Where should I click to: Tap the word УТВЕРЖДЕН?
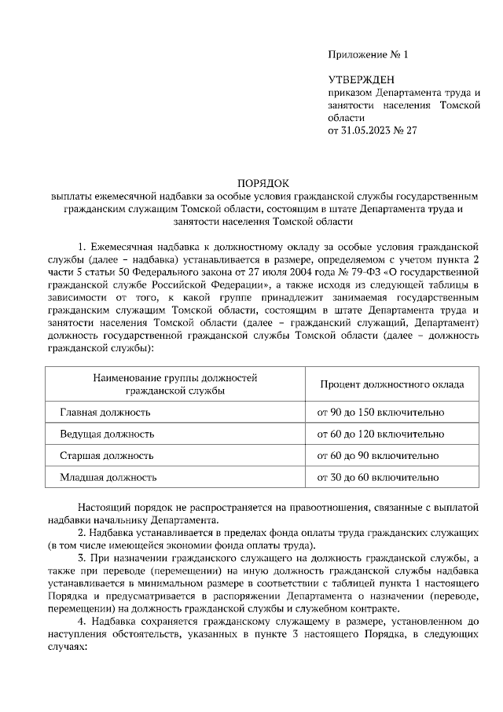(362, 79)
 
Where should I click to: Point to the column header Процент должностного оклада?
(391, 384)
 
